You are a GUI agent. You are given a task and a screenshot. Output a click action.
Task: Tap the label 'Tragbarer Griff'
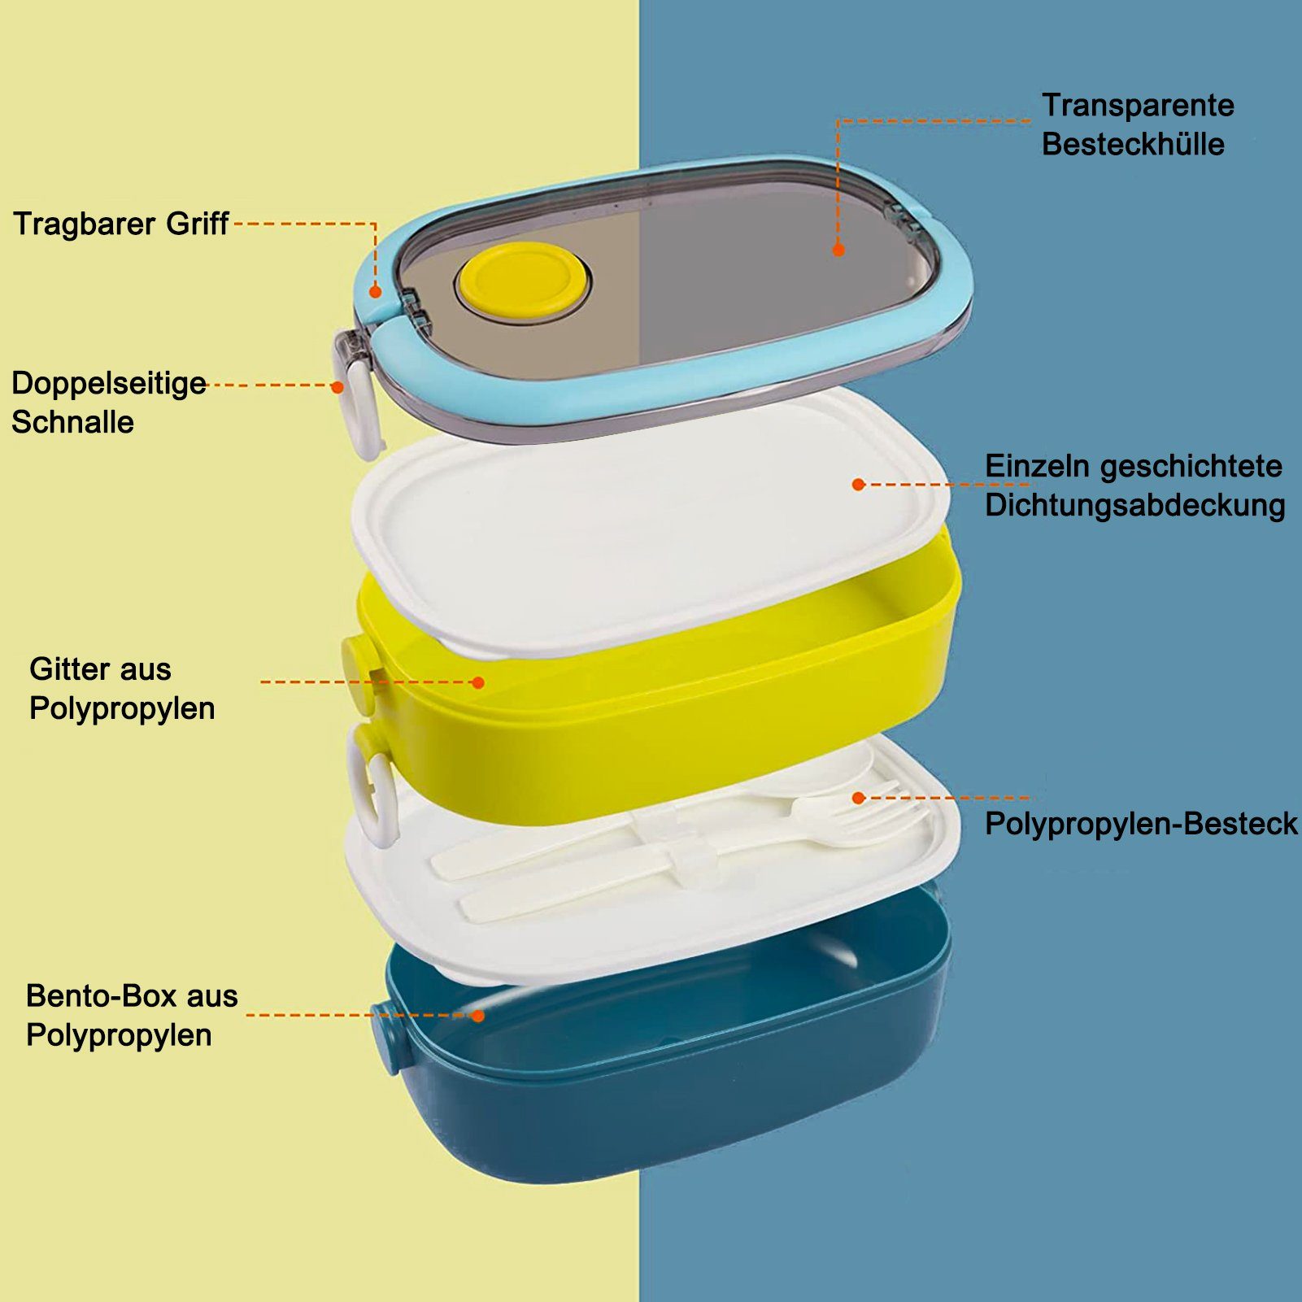[121, 224]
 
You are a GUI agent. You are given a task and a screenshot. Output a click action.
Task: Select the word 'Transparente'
[1138, 105]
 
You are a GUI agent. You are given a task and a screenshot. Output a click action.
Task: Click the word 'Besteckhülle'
[1133, 144]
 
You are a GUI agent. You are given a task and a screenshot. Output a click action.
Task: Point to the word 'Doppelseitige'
[109, 383]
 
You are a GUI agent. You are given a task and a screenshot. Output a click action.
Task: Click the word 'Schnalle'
[72, 422]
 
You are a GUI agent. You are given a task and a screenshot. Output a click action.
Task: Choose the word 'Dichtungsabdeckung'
[1134, 505]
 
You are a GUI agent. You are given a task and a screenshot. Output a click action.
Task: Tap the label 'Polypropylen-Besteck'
[1141, 824]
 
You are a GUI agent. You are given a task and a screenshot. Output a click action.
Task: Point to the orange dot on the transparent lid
[838, 250]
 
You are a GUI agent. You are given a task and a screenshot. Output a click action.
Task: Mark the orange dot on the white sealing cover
[858, 484]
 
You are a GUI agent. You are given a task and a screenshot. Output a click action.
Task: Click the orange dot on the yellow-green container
[478, 682]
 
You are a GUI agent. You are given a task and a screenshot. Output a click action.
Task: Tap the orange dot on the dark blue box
[478, 1016]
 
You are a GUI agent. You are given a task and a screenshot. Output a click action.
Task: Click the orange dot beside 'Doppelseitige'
[337, 387]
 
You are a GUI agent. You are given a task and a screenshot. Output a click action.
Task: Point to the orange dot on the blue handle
[375, 291]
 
